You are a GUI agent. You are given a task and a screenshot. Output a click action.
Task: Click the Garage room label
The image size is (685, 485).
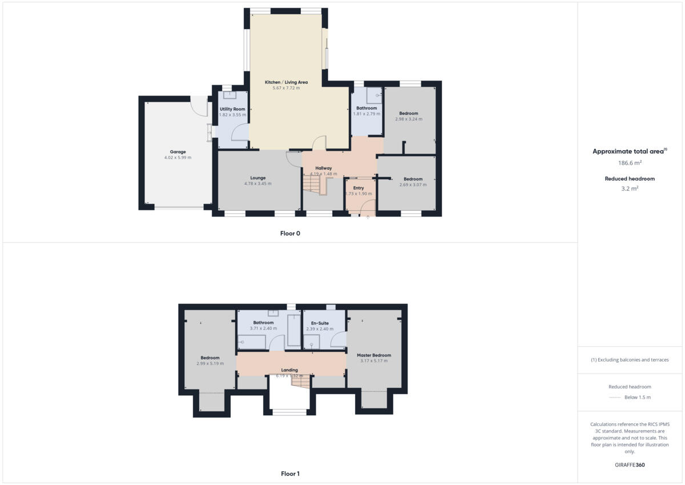178,152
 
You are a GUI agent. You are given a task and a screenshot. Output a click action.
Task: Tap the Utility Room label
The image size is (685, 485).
232,109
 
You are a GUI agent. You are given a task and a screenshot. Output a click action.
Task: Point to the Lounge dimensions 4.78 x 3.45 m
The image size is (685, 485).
257,183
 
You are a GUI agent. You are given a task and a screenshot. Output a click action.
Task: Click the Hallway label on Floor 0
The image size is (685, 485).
324,168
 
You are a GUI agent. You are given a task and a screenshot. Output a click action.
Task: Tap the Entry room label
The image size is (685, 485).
358,188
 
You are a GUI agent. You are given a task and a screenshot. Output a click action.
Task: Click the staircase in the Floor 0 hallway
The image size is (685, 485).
312,185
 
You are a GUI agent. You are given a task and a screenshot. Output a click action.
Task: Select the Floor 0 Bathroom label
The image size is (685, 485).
366,108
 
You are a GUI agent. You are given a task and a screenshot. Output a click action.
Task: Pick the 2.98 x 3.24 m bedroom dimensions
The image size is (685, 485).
409,119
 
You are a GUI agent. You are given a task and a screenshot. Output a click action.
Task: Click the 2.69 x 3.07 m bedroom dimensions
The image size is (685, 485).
413,185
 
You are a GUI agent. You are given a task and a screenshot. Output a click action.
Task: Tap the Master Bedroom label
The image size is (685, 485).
374,355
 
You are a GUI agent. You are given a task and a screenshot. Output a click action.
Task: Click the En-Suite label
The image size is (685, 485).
319,323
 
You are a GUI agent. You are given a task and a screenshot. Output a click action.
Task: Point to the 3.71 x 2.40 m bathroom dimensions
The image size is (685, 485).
264,328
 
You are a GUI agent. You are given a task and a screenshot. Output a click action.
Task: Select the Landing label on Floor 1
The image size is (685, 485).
290,370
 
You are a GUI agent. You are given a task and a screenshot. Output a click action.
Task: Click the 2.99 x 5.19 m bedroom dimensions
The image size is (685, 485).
210,363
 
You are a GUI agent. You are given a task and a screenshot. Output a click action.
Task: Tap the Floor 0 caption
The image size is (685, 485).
290,233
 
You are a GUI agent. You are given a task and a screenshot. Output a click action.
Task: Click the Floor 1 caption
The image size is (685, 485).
290,474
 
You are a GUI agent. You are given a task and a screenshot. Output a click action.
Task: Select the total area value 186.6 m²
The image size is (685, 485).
628,163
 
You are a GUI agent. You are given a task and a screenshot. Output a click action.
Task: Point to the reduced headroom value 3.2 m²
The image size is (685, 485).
630,188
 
